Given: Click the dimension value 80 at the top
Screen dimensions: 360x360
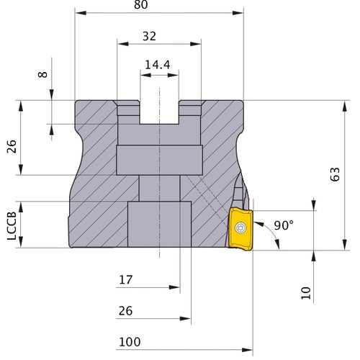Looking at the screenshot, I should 160,5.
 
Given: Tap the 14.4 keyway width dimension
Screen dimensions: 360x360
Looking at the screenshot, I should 160,65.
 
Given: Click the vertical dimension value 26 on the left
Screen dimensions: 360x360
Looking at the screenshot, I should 12,147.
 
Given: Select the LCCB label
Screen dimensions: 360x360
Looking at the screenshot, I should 12,225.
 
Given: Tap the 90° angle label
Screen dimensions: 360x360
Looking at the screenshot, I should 284,225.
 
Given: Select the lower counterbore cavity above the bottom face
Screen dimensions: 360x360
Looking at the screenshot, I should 160,225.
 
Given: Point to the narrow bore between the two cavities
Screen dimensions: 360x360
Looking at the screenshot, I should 160,189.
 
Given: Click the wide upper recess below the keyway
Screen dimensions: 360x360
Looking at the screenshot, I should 160,161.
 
